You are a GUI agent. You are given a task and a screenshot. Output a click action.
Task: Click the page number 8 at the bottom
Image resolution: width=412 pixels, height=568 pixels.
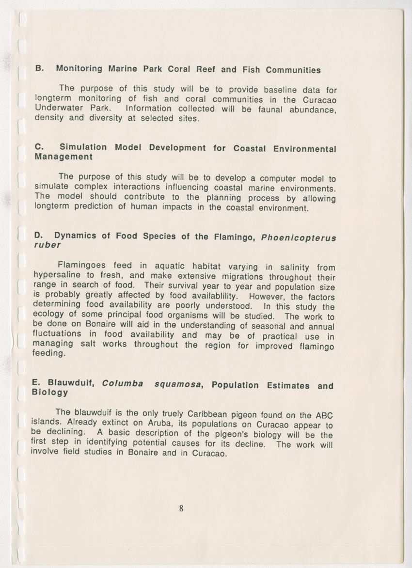181,508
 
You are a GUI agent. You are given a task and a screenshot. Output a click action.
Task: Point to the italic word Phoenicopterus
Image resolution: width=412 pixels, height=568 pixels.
299,238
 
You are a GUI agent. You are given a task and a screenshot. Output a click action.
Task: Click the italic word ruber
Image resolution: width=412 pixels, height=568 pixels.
48,245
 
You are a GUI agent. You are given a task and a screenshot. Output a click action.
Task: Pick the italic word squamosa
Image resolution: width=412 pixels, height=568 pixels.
178,384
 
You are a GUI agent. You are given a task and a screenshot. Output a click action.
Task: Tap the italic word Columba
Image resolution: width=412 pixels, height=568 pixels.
122,383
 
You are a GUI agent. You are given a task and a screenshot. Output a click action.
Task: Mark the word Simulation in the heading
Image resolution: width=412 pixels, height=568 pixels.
83,147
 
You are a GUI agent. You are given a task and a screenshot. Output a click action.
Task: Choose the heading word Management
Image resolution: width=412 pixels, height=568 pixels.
63,157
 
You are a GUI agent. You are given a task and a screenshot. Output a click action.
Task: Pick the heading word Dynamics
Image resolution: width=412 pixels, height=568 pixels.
75,236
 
